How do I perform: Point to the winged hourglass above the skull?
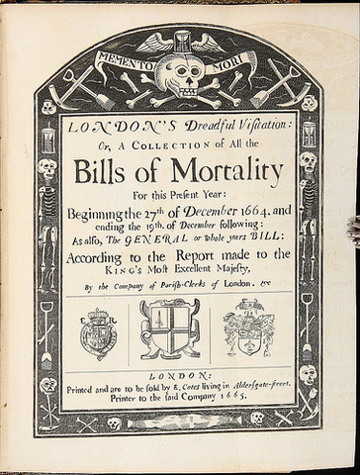point(181,40)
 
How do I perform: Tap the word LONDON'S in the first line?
point(108,128)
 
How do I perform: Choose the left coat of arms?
point(99,334)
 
